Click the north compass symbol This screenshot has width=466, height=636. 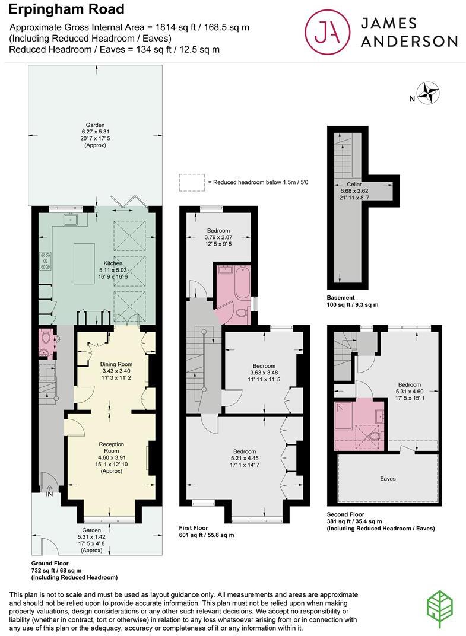tap(427, 93)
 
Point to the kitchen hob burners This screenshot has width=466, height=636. tap(45, 261)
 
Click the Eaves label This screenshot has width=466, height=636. tap(388, 478)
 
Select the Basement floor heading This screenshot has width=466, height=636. tap(341, 297)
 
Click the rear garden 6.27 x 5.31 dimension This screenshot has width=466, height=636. tap(95, 132)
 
